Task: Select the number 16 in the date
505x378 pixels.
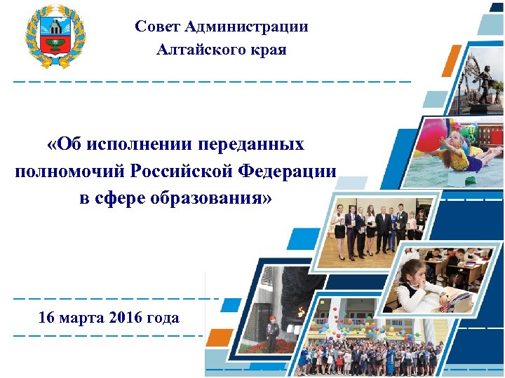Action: coord(47,318)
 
